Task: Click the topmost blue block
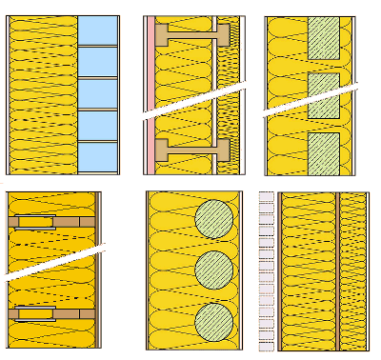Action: (x=97, y=30)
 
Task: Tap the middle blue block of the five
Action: (x=97, y=93)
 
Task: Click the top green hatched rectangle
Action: (x=324, y=40)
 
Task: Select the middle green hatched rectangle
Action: (x=324, y=92)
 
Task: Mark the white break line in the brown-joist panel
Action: (x=52, y=264)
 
